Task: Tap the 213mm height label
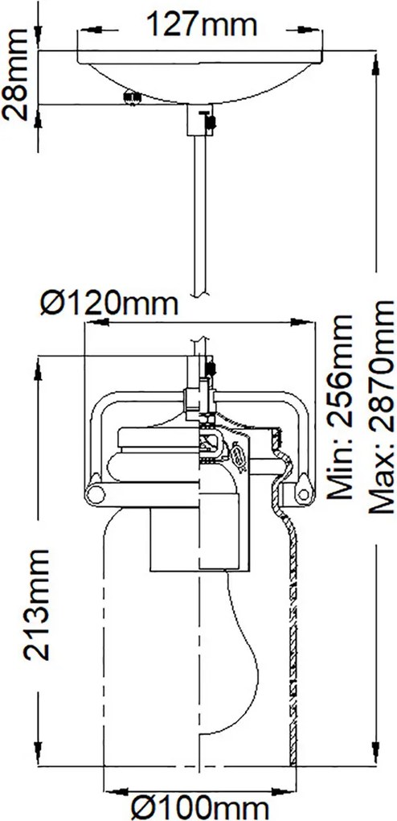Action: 37,604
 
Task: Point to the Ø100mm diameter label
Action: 200,807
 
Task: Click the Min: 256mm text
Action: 339,406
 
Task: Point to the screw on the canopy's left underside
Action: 133,97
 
